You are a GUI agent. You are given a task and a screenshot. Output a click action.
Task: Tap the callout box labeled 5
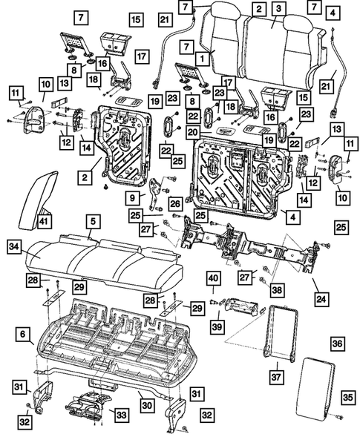click(x=90, y=220)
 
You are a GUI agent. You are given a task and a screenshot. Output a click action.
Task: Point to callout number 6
click(x=24, y=334)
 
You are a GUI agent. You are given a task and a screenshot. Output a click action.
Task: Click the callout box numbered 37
click(x=275, y=378)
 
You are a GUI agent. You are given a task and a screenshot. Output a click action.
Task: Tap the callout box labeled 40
click(x=213, y=279)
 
